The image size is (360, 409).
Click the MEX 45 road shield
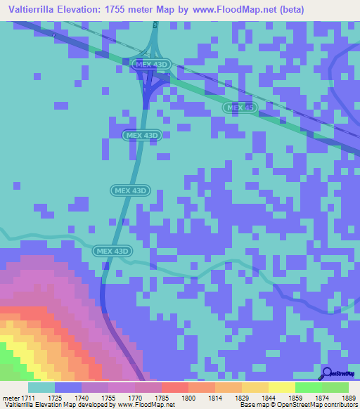[x=240, y=108]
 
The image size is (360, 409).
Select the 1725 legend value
[x=54, y=398]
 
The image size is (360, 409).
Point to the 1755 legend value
[x=108, y=398]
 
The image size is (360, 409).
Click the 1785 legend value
[x=161, y=398]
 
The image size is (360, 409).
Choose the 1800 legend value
[x=188, y=398]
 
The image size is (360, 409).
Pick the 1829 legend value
[x=241, y=398]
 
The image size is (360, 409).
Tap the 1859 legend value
[x=295, y=398]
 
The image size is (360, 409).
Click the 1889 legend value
[x=348, y=398]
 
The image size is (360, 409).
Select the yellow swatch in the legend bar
[x=281, y=387]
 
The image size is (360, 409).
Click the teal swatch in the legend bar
[x=41, y=387]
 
